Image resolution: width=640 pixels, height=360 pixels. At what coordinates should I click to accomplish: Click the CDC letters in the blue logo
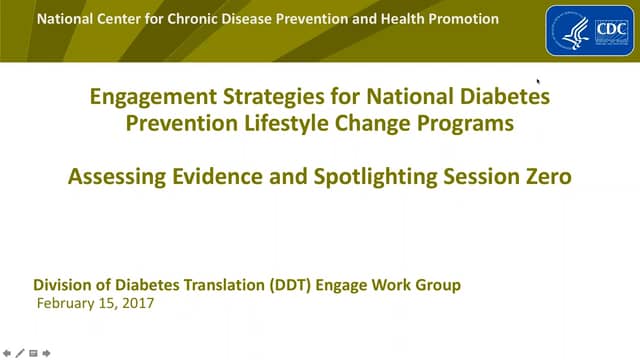pos(606,31)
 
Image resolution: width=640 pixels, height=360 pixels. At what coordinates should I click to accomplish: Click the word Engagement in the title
pos(147,98)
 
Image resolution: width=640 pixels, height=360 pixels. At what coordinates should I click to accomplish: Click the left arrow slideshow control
pos(8,353)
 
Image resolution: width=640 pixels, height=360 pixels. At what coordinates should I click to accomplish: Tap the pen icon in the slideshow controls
pos(20,353)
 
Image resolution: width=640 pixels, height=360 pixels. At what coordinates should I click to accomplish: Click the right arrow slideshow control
pos(46,353)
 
